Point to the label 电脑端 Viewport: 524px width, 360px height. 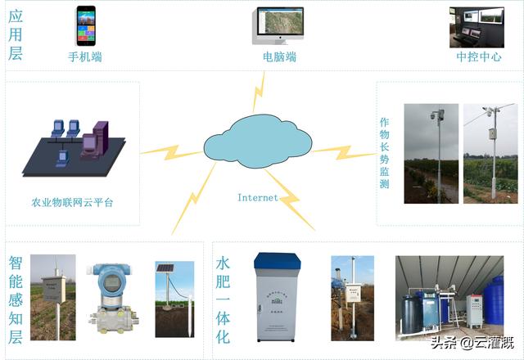[x=279, y=57]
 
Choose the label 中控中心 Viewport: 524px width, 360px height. [x=478, y=57]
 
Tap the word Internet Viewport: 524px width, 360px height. [x=257, y=197]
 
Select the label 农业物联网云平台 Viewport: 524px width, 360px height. [x=72, y=202]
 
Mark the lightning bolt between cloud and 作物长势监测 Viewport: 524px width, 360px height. [x=332, y=151]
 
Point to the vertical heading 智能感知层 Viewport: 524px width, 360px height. [x=16, y=299]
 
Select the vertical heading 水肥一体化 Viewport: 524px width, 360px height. [x=223, y=299]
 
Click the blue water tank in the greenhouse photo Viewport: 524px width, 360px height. [x=493, y=302]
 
